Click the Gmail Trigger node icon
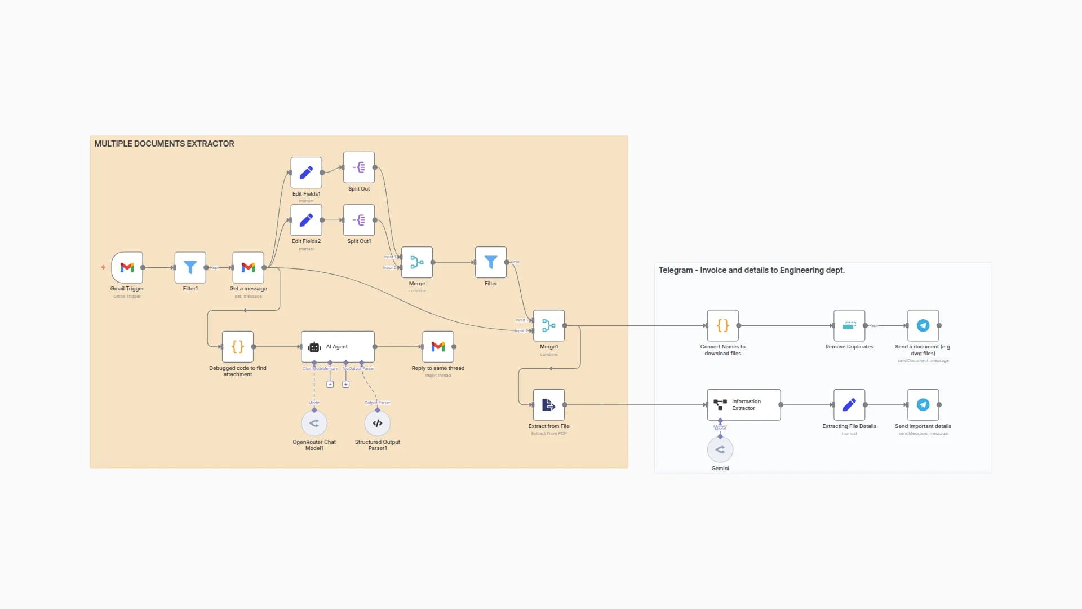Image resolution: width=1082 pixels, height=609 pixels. coord(127,267)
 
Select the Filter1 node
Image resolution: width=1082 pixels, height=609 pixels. coord(190,267)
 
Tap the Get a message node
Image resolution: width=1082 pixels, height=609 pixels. coord(248,267)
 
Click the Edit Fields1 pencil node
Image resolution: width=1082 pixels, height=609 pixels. coord(306,173)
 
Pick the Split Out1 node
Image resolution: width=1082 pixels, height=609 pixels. coord(359,220)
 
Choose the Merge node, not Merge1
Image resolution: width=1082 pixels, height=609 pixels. coord(417,262)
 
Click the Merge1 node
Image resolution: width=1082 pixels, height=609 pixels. coord(548,325)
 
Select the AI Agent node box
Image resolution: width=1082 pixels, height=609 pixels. coord(338,346)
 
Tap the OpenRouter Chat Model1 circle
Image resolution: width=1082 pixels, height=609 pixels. coord(314,423)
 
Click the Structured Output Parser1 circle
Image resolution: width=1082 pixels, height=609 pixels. coord(378,423)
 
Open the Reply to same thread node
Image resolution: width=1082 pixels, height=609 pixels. coord(438,346)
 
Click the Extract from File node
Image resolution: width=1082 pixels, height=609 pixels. coord(548,405)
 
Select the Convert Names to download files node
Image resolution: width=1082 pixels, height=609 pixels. coord(722,325)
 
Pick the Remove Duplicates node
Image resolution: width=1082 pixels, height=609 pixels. coord(849,325)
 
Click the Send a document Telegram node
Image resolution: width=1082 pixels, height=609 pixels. coord(923,325)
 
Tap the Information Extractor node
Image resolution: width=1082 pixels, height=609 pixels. coord(744,405)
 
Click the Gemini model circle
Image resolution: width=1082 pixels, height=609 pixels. coord(720,449)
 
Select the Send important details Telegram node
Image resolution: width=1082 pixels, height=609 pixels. coord(923,405)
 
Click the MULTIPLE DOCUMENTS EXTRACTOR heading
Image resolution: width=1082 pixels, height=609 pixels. coord(164,144)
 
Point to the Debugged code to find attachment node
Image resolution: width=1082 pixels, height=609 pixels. coord(237,346)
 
